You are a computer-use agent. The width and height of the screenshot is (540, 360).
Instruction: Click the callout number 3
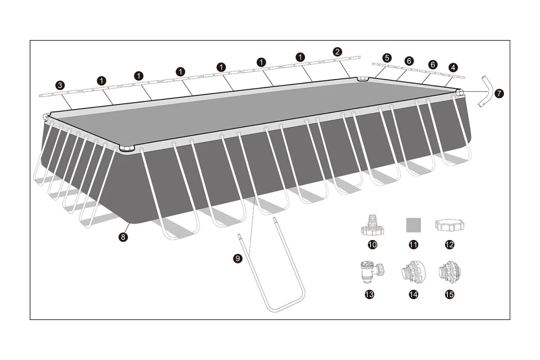(60, 85)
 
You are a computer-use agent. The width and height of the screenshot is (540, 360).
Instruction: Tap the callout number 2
(337, 52)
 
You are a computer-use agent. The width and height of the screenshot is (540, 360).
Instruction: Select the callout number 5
(387, 58)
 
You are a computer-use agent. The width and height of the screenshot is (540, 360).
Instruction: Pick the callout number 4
(454, 68)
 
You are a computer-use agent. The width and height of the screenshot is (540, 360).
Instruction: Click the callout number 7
(499, 93)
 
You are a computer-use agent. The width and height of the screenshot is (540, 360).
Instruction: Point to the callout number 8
(123, 237)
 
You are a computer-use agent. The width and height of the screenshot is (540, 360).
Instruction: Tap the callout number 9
(238, 258)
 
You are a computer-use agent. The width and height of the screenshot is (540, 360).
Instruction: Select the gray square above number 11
(414, 225)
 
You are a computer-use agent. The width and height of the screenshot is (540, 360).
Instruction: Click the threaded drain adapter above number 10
(372, 225)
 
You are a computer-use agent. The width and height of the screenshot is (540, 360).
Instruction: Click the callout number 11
(414, 245)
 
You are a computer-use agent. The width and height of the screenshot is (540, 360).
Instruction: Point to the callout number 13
(369, 294)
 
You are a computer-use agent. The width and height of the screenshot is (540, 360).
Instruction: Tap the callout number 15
(450, 294)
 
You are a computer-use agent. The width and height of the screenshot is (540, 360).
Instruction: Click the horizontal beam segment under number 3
(59, 93)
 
